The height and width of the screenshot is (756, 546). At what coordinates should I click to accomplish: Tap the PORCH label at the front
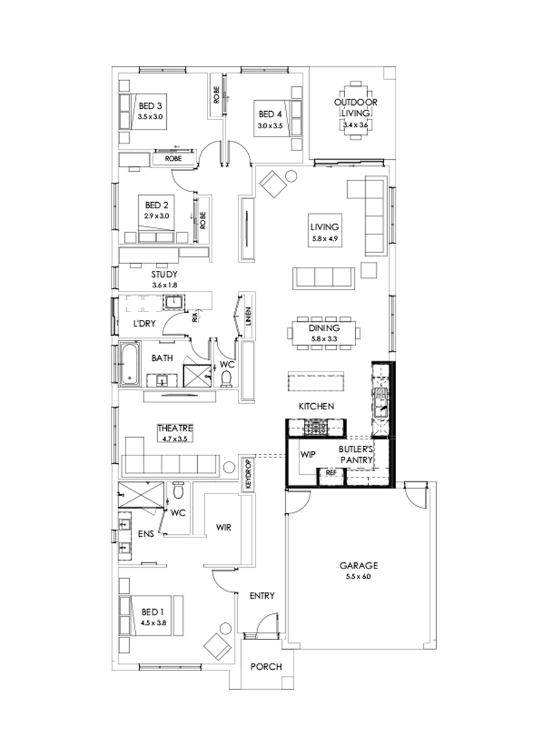click(266, 667)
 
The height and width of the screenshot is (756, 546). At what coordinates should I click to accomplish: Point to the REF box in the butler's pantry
click(331, 472)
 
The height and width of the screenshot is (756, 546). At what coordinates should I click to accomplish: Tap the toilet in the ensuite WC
click(178, 489)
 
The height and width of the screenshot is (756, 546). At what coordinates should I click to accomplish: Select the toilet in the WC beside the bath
click(227, 378)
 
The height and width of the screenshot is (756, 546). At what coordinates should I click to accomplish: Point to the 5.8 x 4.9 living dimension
click(324, 239)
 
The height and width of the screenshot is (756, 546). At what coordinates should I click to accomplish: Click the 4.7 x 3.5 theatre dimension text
click(175, 437)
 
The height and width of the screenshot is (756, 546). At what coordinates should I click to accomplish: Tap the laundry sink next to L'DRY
click(174, 302)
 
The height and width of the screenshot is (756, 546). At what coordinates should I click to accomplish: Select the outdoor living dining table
click(356, 112)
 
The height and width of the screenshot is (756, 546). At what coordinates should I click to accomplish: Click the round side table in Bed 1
click(226, 628)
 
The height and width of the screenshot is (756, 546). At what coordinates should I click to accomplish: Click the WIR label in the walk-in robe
click(224, 528)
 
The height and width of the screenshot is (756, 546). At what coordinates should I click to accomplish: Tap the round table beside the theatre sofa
click(229, 468)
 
